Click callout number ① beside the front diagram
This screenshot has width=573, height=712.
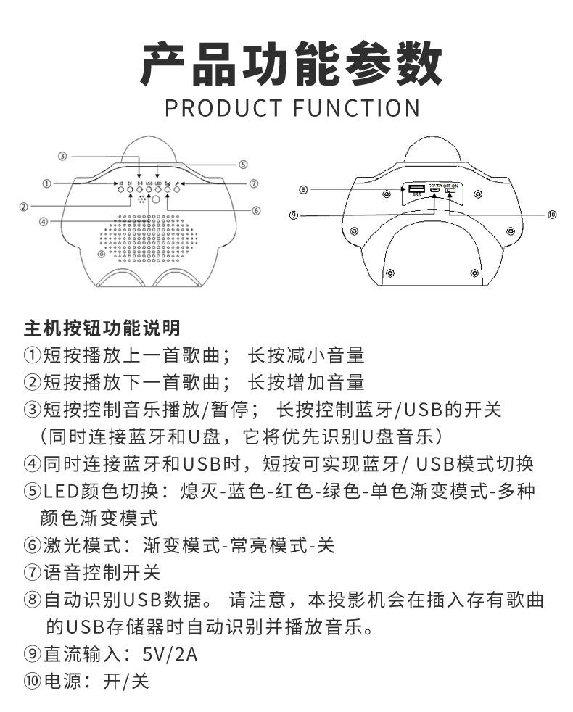(46, 184)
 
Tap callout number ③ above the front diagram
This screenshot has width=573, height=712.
(63, 156)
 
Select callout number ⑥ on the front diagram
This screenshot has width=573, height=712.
(256, 211)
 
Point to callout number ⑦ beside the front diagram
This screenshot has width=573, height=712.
(253, 184)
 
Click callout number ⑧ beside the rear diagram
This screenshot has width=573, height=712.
(303, 190)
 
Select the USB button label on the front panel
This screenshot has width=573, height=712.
(149, 183)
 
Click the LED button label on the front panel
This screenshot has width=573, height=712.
(157, 183)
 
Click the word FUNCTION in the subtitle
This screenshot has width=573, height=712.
(356, 107)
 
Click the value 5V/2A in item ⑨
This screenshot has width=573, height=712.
(170, 653)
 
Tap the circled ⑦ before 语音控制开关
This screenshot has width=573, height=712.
(32, 572)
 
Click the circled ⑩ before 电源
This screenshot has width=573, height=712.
(32, 682)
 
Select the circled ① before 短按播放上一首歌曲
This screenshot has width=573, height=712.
(32, 355)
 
